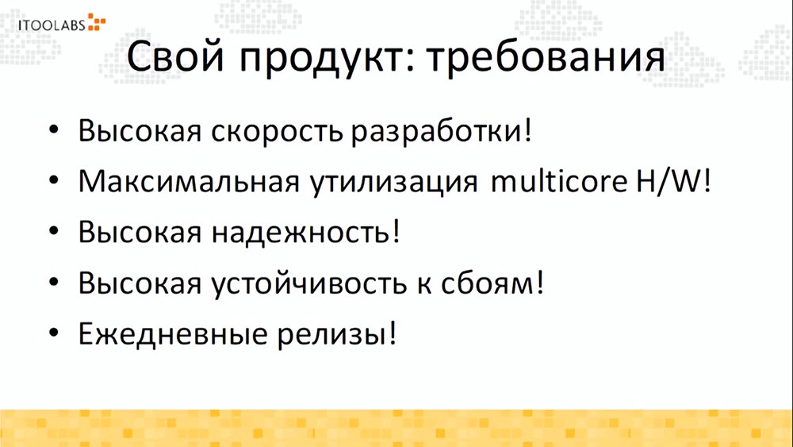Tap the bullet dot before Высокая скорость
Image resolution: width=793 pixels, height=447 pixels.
coord(52,130)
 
